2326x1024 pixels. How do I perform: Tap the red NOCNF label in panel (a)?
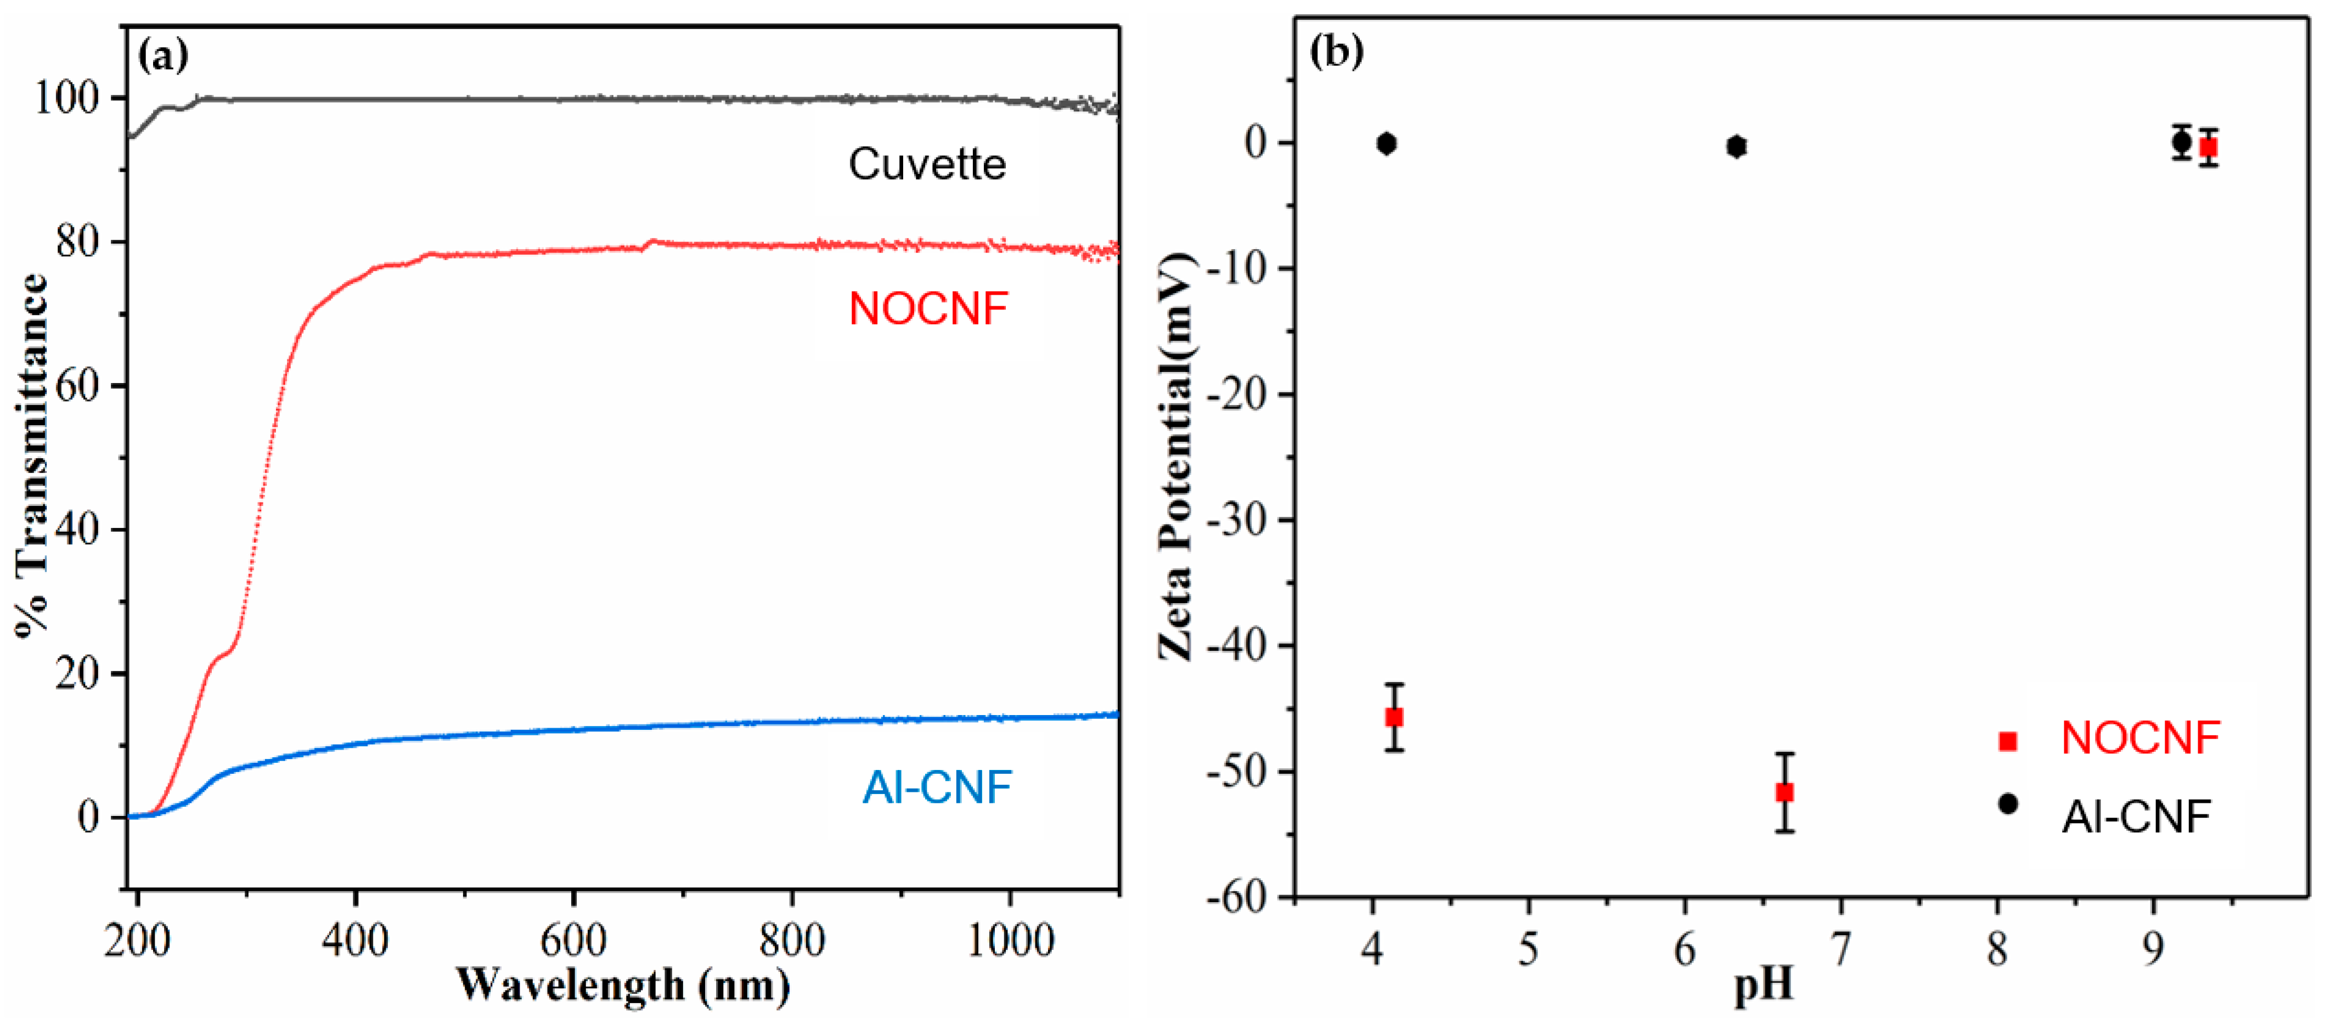pyautogui.click(x=927, y=309)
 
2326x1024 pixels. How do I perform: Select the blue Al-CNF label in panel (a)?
pyautogui.click(x=936, y=787)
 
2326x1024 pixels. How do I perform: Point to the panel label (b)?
pyautogui.click(x=1336, y=52)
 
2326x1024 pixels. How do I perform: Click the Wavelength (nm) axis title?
pyautogui.click(x=623, y=985)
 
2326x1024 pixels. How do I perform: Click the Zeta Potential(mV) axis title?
pyautogui.click(x=1176, y=456)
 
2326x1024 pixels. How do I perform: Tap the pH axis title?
pyautogui.click(x=1762, y=985)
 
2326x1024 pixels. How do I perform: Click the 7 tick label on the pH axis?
pyautogui.click(x=1840, y=948)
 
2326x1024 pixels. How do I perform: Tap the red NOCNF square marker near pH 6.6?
pyautogui.click(x=1784, y=792)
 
